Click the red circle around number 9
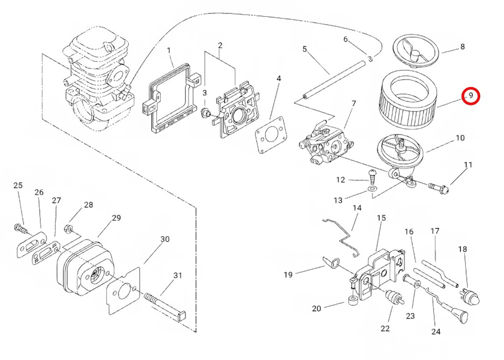coord(471,96)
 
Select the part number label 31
coord(178,275)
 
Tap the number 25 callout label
coord(18,185)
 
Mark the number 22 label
coord(385,329)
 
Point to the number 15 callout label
coord(381,217)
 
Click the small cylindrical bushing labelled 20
coord(352,303)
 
